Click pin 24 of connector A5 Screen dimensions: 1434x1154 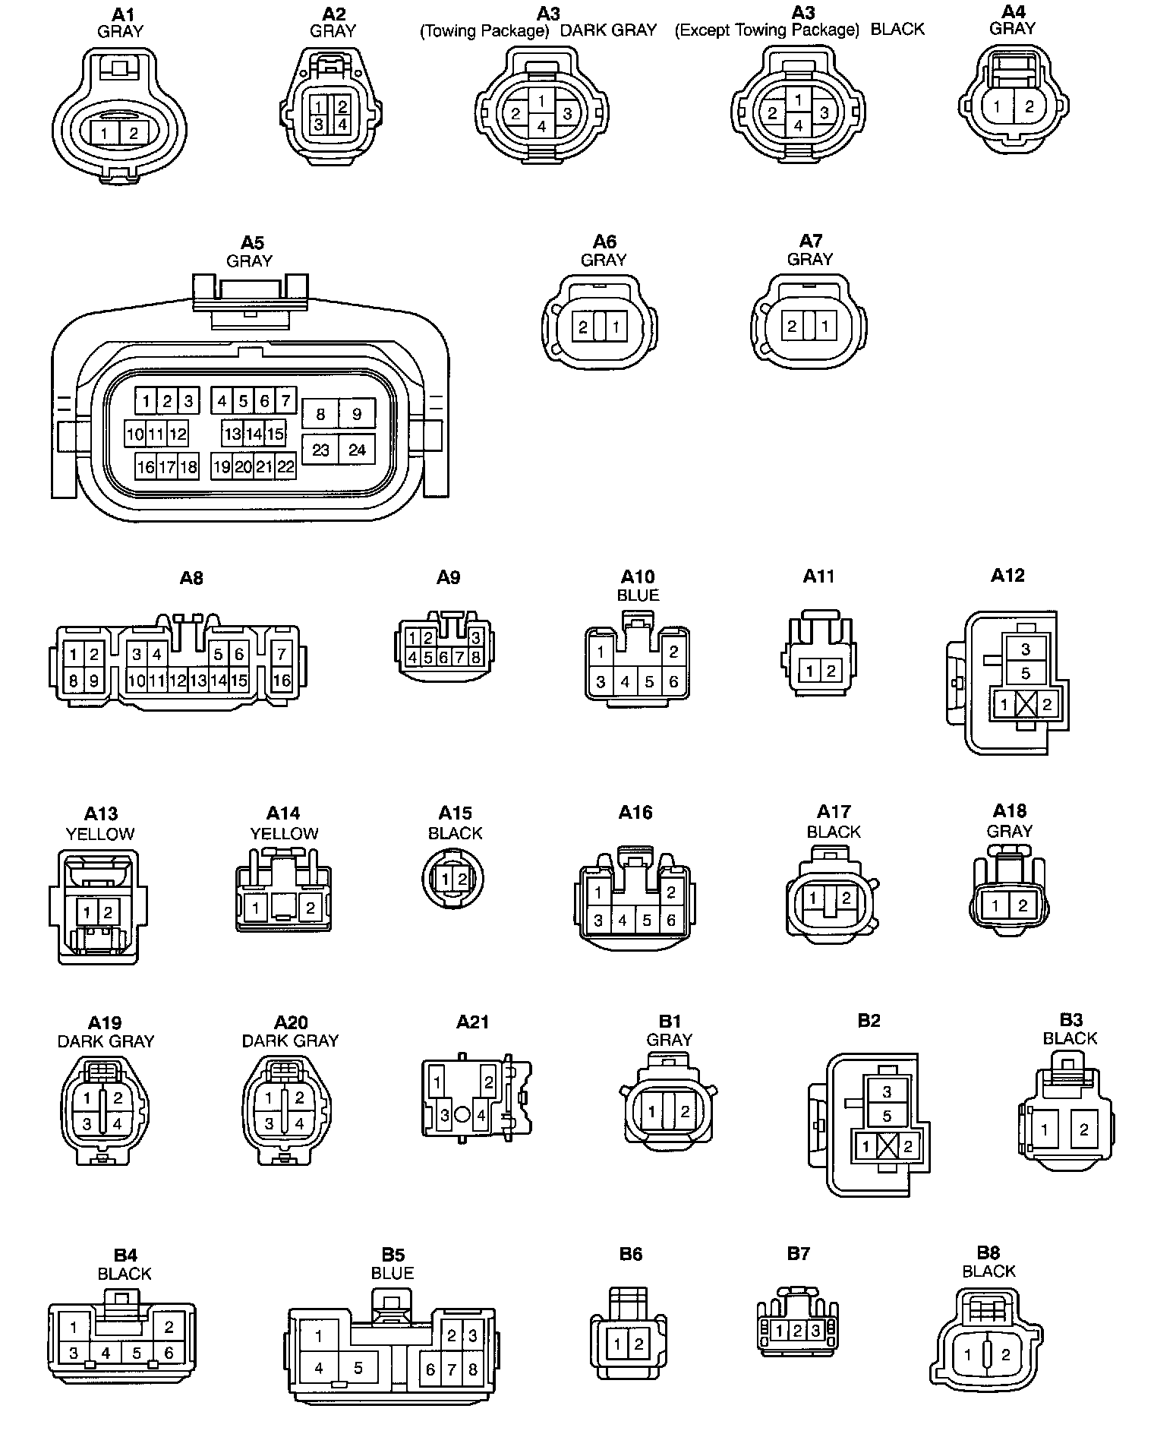click(x=357, y=450)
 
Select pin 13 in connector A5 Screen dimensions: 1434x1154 click(x=232, y=434)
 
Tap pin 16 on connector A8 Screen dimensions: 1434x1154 click(x=282, y=680)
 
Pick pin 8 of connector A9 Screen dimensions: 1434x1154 click(x=476, y=657)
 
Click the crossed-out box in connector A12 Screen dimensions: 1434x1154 click(x=1026, y=704)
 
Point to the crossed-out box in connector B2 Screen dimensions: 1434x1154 click(x=887, y=1147)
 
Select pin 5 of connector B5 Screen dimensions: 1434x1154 click(x=358, y=1368)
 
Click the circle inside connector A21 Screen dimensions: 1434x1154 click(x=462, y=1116)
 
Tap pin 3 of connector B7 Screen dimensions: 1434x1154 click(x=815, y=1330)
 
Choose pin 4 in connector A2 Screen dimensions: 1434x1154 click(x=342, y=124)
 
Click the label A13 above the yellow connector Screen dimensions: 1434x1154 click(x=101, y=814)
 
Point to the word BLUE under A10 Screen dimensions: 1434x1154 click(x=638, y=595)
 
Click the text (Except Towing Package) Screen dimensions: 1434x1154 click(x=767, y=30)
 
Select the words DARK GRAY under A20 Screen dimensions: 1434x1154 click(x=290, y=1041)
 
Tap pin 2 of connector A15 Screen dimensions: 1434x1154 click(x=462, y=880)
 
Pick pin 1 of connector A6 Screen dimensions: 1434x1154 click(x=616, y=327)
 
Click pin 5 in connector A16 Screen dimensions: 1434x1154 click(x=647, y=921)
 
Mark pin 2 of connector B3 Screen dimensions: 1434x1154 click(x=1083, y=1129)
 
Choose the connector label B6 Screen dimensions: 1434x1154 click(x=631, y=1254)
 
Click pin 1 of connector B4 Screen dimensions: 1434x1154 click(x=74, y=1328)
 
